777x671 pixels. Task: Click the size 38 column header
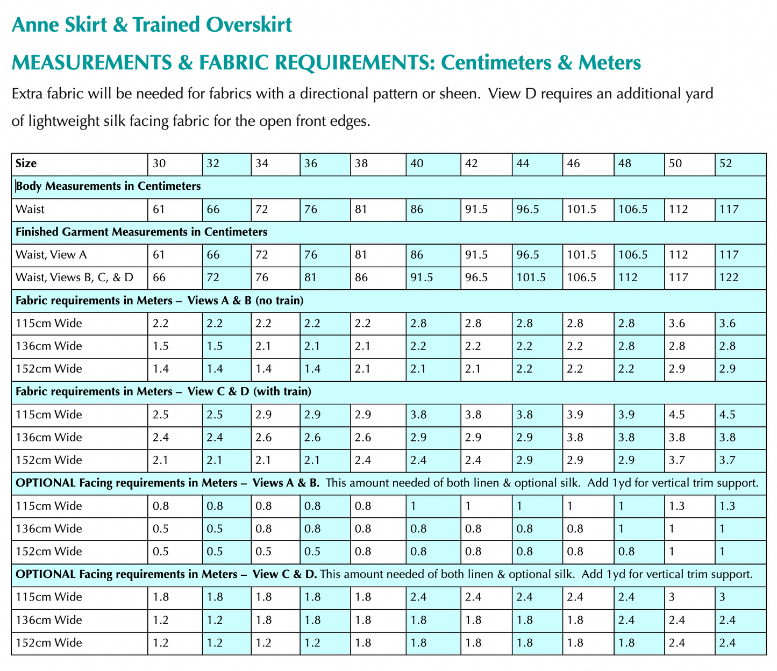361,164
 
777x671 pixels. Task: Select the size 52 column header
725,164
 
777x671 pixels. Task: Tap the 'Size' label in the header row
26,164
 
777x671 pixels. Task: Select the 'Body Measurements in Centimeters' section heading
109,187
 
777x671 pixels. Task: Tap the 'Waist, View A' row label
51,255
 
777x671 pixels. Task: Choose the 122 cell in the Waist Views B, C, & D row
729,277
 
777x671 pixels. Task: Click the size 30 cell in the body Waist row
159,209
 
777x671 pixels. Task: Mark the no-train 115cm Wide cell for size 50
678,323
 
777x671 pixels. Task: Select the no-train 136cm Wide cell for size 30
160,346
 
